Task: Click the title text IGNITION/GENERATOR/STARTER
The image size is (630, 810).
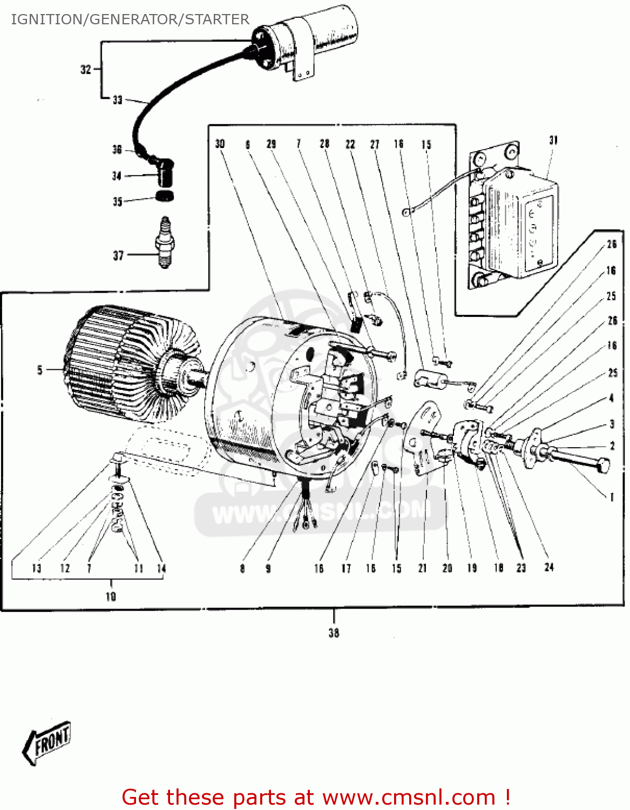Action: (130, 19)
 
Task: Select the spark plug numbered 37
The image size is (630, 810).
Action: (165, 242)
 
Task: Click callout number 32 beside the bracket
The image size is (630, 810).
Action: (86, 69)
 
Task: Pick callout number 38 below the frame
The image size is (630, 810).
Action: (334, 632)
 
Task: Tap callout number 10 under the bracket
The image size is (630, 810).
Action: (111, 596)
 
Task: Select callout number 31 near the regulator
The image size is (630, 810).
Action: (553, 140)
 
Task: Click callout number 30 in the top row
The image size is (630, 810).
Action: (220, 144)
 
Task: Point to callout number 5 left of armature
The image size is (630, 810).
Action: (39, 370)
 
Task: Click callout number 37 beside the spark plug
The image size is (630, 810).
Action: (118, 255)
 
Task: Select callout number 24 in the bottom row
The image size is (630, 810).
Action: (549, 567)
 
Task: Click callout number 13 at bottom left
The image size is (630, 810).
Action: (37, 568)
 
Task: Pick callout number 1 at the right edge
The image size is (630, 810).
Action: (612, 497)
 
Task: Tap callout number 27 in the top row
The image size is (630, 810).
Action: (375, 144)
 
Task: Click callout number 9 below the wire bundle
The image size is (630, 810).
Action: (268, 568)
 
